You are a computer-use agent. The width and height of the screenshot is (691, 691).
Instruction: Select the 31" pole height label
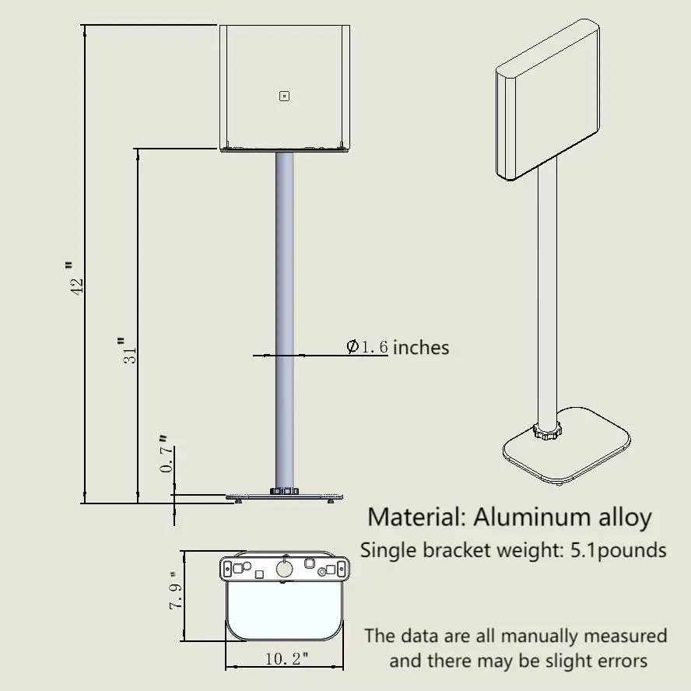(128, 350)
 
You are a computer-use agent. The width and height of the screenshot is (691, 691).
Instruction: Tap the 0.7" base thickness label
(165, 454)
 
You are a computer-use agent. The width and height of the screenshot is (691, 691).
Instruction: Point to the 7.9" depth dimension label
(175, 591)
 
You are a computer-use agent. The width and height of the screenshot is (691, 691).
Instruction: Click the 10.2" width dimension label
(286, 659)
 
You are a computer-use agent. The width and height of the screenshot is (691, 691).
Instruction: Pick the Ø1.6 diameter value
(367, 347)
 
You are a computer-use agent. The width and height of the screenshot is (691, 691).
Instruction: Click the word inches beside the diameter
(421, 348)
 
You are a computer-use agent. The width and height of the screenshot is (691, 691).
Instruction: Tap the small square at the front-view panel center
(284, 96)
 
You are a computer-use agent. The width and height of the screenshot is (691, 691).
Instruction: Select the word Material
(416, 517)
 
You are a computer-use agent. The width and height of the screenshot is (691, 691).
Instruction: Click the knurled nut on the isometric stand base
(547, 430)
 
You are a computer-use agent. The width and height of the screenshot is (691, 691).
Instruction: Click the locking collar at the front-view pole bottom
(284, 491)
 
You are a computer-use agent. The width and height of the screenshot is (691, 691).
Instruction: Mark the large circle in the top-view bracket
(284, 569)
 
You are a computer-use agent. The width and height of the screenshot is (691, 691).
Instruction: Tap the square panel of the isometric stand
(548, 100)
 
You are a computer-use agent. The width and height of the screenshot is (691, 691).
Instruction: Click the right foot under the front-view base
(331, 500)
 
